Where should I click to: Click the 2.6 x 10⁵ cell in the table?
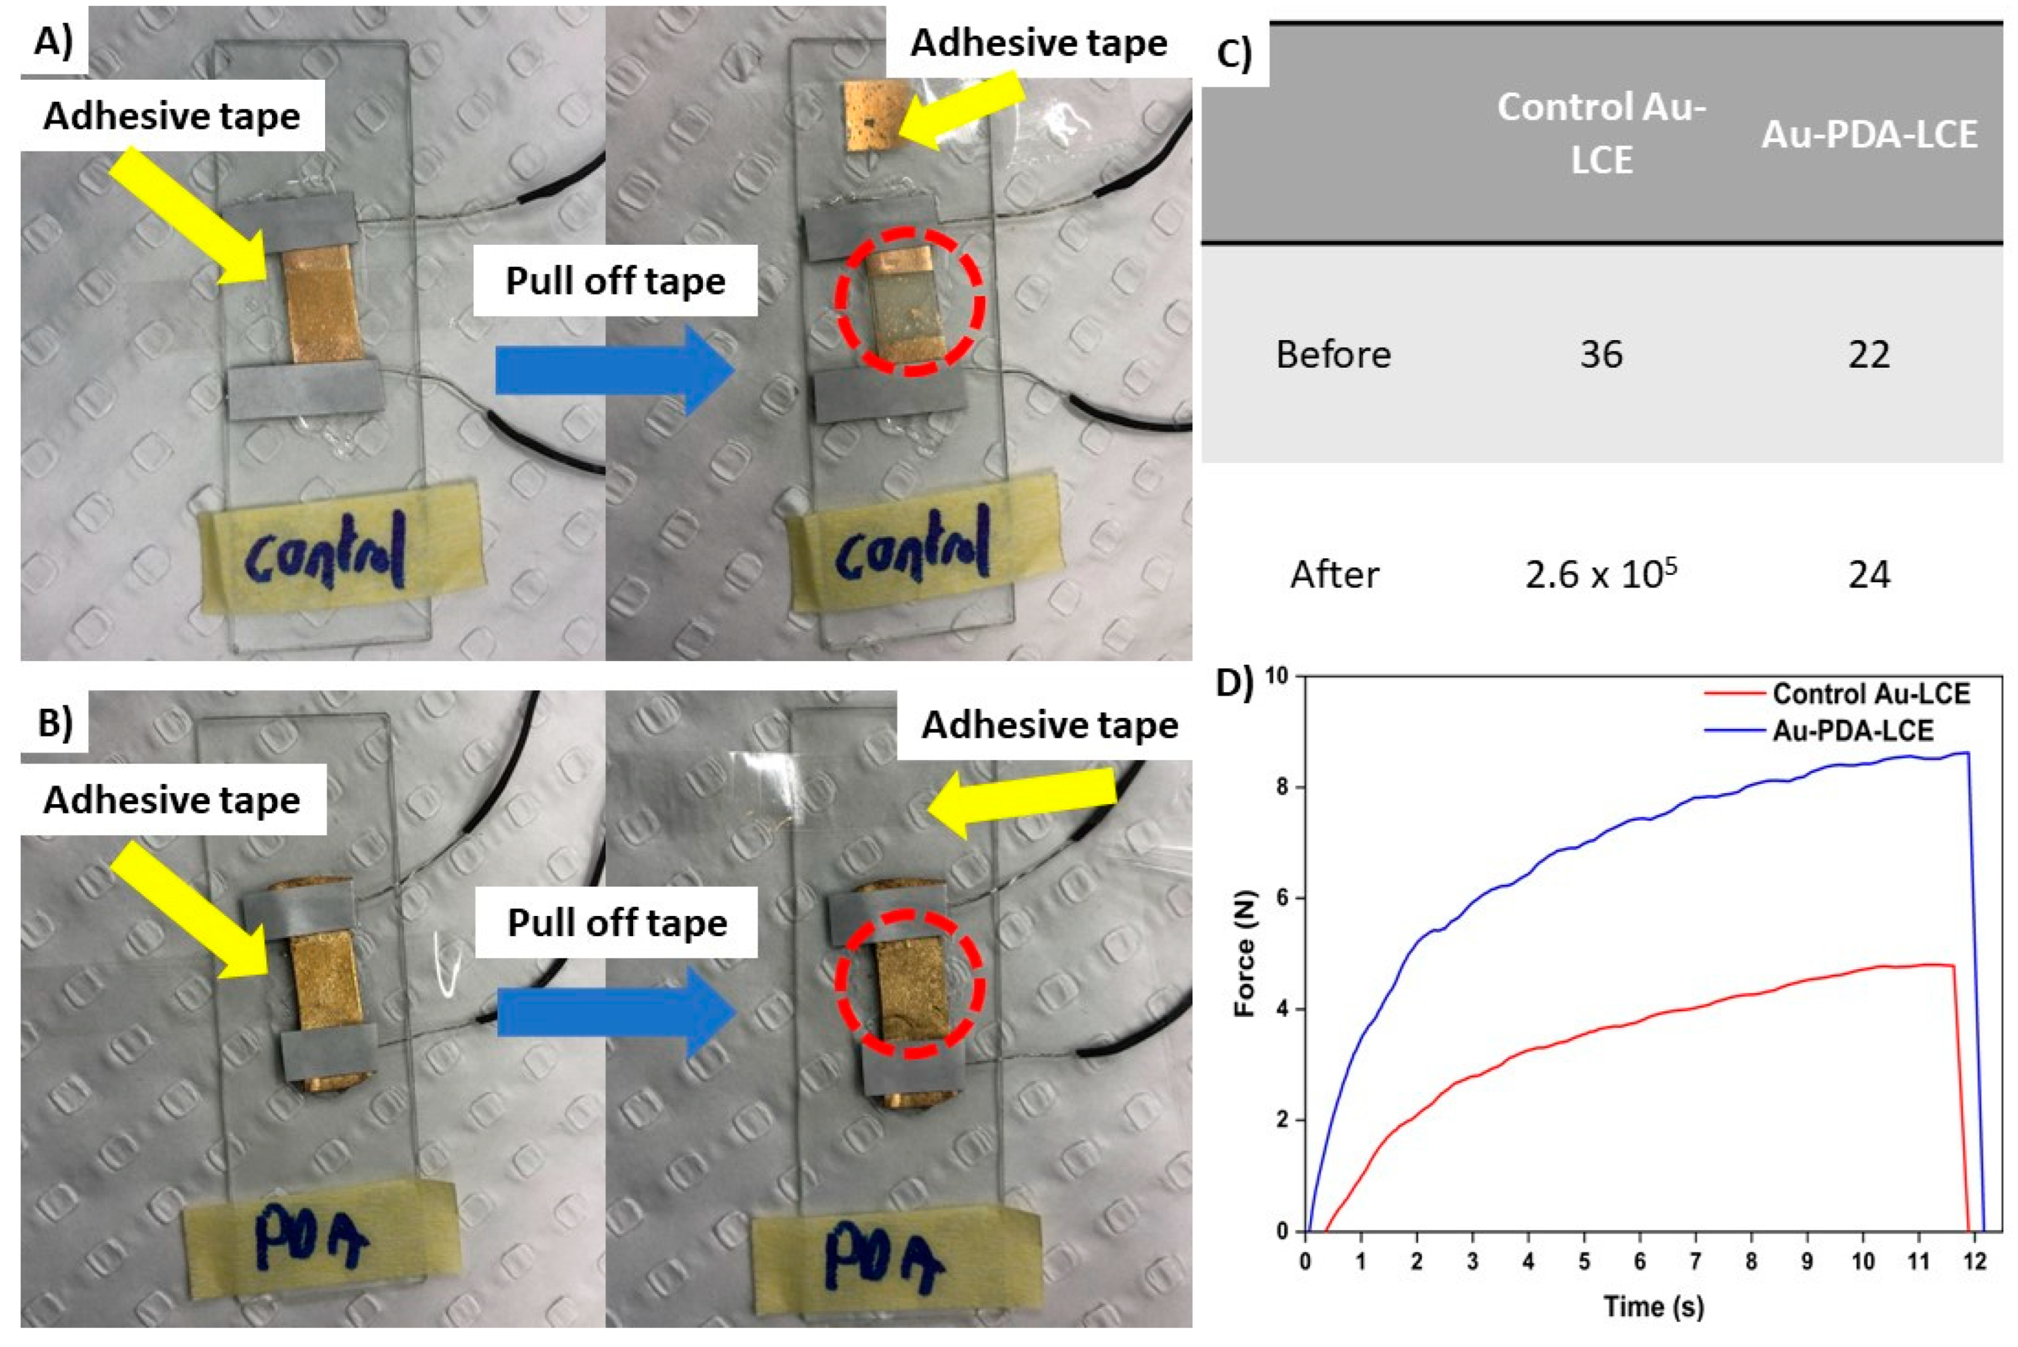point(1601,574)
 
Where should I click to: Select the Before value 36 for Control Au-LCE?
point(1601,354)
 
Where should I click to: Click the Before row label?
point(1333,354)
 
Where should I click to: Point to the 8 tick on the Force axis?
point(1282,787)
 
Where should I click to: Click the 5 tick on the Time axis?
point(1584,1261)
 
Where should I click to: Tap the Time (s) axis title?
point(1653,1307)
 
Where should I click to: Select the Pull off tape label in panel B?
point(617,922)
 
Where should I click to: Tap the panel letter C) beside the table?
point(1235,53)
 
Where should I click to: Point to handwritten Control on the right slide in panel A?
point(912,547)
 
